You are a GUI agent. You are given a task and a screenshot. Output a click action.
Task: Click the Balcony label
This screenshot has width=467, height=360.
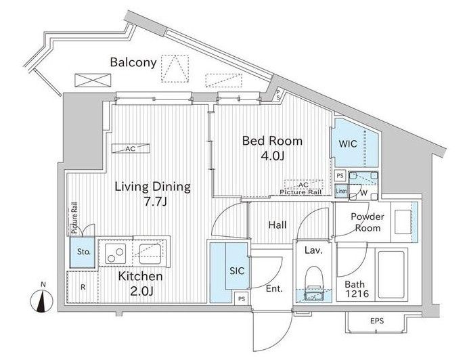click(x=133, y=62)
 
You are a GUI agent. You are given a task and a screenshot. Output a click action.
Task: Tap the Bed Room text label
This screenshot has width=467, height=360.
click(x=272, y=141)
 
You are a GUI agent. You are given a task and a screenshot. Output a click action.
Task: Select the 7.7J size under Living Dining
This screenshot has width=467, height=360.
click(x=155, y=202)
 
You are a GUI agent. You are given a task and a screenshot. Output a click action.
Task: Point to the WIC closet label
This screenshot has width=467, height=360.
click(x=348, y=144)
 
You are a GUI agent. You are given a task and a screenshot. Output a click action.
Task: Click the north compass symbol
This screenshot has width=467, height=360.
click(x=42, y=300)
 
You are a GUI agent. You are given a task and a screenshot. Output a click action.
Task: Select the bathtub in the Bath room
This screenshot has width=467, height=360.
click(x=391, y=274)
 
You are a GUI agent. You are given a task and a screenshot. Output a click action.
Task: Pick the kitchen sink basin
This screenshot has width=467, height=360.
click(x=150, y=253)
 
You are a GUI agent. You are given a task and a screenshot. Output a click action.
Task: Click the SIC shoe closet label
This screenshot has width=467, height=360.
click(x=237, y=271)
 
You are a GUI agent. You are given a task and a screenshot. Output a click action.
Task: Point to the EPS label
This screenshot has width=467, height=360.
click(x=377, y=321)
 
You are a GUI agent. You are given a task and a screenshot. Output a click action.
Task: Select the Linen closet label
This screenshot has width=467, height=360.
click(x=341, y=191)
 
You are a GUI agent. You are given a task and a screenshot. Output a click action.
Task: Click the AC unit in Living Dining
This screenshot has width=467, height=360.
click(x=131, y=149)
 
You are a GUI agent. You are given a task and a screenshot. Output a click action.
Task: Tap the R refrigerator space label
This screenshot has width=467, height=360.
click(x=83, y=288)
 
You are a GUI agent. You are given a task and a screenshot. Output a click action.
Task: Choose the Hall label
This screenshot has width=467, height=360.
click(x=277, y=225)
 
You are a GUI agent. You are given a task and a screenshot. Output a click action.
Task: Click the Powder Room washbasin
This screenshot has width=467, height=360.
click(x=403, y=222)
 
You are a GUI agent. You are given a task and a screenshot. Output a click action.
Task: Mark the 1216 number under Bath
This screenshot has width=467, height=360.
click(x=357, y=294)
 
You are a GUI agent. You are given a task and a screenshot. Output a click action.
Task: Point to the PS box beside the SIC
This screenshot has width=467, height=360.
click(x=242, y=298)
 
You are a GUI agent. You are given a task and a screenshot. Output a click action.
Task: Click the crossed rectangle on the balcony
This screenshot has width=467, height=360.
click(x=93, y=80)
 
